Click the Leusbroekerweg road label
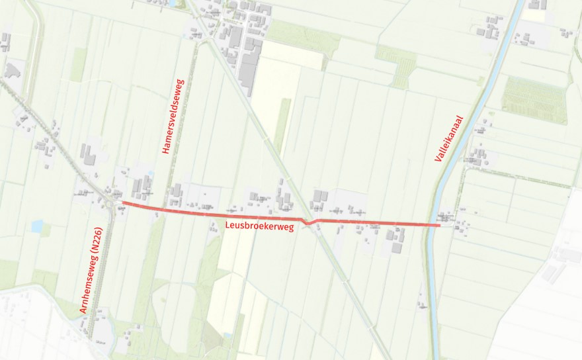tap(259, 226)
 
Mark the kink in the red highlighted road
tap(308, 223)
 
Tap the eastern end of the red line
tap(439, 226)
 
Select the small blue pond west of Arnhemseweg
tap(36, 226)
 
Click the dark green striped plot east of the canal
tap(534, 99)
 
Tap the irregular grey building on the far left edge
tap(12, 69)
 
